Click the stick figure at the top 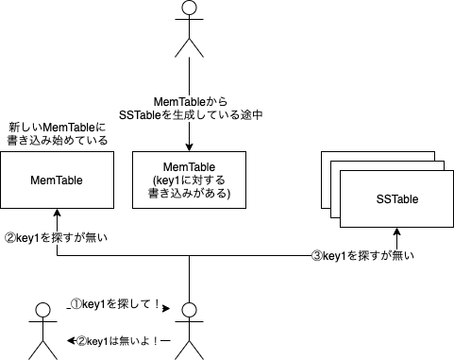point(190,28)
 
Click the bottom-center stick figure point(190,330)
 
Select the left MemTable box point(57,179)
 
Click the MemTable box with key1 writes point(190,179)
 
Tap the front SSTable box point(397,199)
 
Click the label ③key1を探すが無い point(363,255)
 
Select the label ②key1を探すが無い point(57,238)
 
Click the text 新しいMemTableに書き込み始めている point(57,133)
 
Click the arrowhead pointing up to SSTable point(397,232)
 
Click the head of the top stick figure point(190,9)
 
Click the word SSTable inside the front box point(397,199)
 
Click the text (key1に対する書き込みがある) point(190,187)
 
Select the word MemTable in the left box point(57,179)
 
